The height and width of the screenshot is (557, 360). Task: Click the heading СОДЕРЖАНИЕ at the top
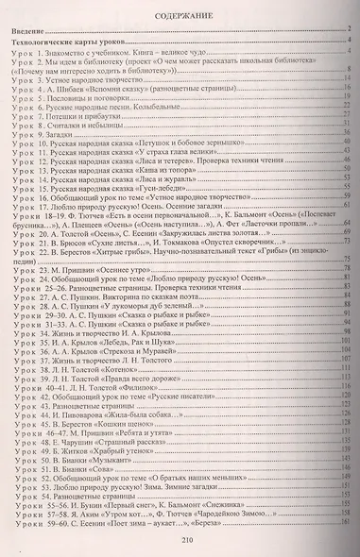(x=179, y=16)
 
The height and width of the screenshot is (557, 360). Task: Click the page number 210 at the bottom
(x=180, y=540)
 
